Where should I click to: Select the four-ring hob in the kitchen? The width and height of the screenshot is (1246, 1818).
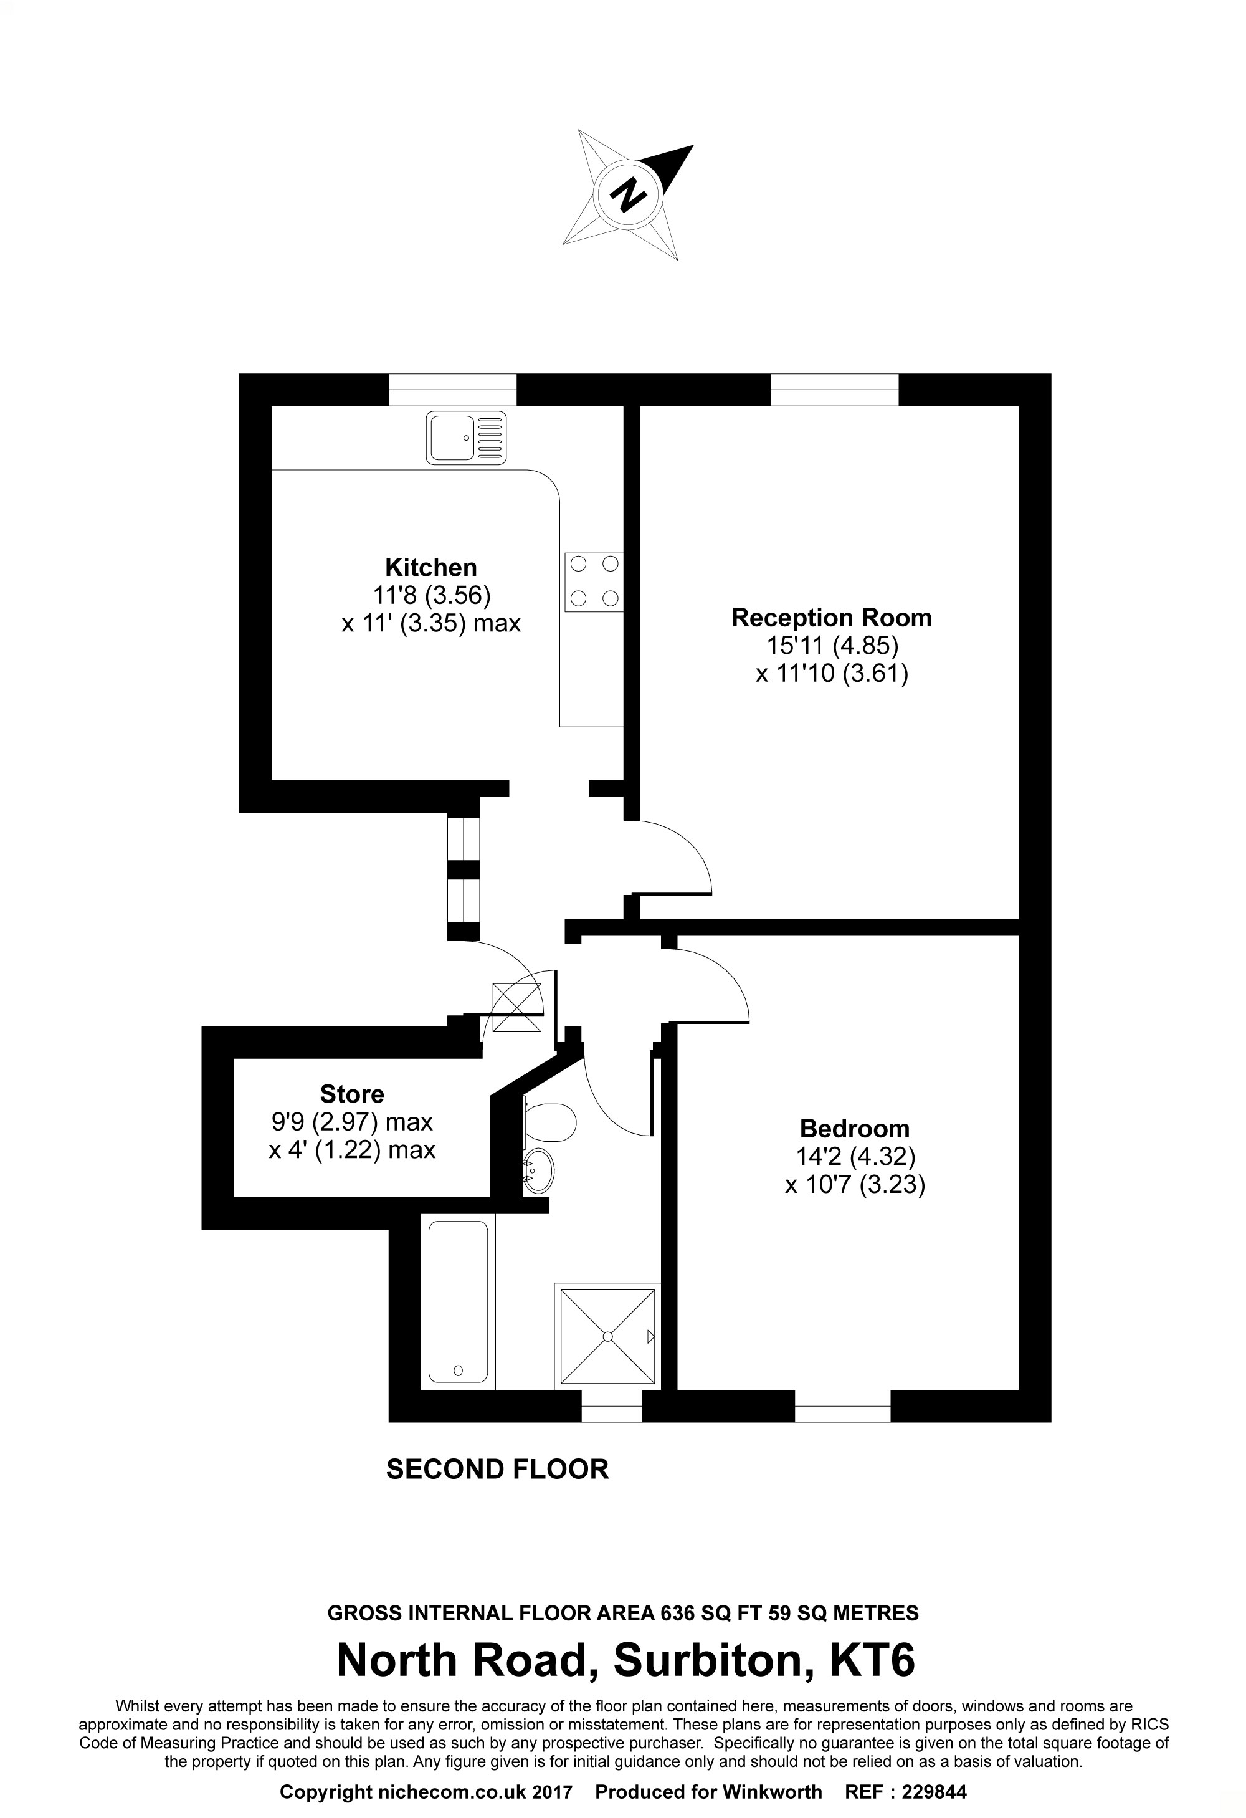click(x=594, y=582)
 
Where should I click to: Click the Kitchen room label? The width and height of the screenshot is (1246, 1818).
click(x=431, y=567)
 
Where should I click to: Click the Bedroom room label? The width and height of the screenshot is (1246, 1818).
click(x=854, y=1129)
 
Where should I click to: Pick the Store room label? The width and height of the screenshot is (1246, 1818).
click(x=352, y=1094)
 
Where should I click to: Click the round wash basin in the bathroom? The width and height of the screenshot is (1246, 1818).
click(x=538, y=1171)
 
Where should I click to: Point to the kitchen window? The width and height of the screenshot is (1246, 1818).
click(x=453, y=390)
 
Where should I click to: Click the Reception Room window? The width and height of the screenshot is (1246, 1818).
click(x=835, y=390)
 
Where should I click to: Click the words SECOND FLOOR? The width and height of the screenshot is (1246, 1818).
click(x=497, y=1470)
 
